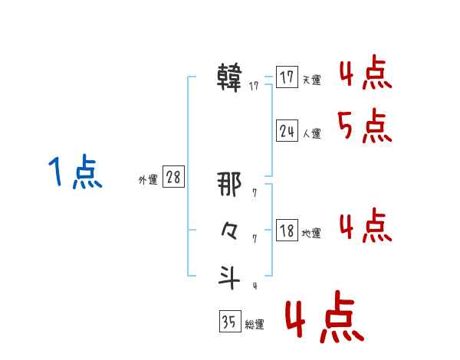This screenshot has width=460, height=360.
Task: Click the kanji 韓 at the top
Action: (230, 77)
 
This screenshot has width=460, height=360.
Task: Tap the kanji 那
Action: (230, 185)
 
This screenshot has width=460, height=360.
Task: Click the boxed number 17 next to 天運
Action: (287, 78)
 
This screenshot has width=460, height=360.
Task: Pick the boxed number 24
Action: (287, 131)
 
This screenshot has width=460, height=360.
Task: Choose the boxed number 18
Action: (287, 231)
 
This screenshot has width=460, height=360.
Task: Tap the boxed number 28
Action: (173, 178)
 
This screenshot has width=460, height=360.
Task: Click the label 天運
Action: (311, 80)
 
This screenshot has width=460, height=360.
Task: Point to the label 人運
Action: (311, 133)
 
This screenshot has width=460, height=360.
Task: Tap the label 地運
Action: (311, 233)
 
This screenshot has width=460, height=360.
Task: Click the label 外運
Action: (147, 180)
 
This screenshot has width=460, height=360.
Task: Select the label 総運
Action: (254, 325)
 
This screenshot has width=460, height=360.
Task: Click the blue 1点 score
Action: (75, 172)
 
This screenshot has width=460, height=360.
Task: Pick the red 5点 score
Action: (365, 126)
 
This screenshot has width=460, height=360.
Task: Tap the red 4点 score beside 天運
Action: (365, 75)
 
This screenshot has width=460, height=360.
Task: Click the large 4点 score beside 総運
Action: (324, 320)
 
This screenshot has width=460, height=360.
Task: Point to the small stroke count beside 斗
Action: (255, 286)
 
